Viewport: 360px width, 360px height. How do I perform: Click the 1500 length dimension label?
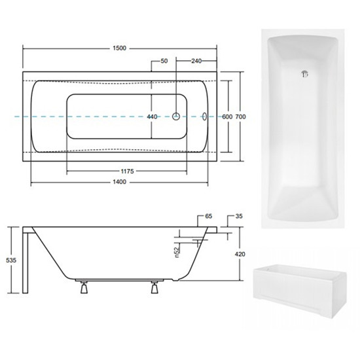(120, 48)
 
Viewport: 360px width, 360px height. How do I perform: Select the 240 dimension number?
(196, 61)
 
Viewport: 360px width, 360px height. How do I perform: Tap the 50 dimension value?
(164, 61)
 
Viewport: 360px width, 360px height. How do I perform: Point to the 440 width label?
(152, 117)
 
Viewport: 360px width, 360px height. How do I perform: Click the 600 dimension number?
(227, 117)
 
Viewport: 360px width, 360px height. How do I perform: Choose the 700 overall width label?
(241, 117)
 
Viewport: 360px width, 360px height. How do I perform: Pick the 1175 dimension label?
(127, 171)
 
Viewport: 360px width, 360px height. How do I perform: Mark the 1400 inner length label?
(120, 182)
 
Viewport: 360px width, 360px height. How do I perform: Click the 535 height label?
(11, 261)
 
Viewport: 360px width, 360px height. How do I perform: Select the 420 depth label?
(240, 254)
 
